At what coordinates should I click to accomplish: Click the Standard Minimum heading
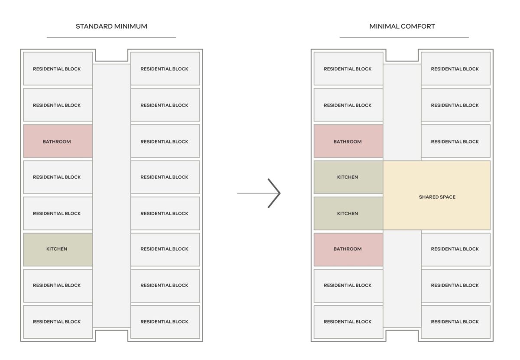tap(111, 26)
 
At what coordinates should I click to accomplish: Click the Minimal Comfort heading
tap(402, 26)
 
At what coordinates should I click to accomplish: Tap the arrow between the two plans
tap(259, 193)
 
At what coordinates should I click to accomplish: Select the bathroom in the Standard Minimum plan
tap(58, 141)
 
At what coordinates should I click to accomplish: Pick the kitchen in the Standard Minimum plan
tap(58, 249)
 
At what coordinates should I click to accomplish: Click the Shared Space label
tap(437, 197)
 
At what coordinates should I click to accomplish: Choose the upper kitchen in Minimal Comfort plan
tap(348, 177)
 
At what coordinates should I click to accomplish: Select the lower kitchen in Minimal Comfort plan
tap(348, 213)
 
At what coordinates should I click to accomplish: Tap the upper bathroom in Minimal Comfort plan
tap(348, 141)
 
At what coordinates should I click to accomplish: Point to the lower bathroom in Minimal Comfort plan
tap(348, 249)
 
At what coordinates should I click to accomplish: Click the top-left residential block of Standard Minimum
tap(58, 69)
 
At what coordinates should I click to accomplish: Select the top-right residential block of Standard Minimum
tap(165, 69)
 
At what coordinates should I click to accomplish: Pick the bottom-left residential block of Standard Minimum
tap(58, 322)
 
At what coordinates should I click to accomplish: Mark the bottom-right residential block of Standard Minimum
tap(165, 322)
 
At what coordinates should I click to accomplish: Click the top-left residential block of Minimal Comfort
tap(348, 69)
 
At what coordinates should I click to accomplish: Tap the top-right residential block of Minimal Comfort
tap(456, 69)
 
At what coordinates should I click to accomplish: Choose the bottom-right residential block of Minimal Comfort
tap(456, 322)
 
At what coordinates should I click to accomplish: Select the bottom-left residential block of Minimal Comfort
tap(348, 322)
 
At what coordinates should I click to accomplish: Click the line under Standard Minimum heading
tap(111, 37)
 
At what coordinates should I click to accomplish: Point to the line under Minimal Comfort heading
tap(404, 37)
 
